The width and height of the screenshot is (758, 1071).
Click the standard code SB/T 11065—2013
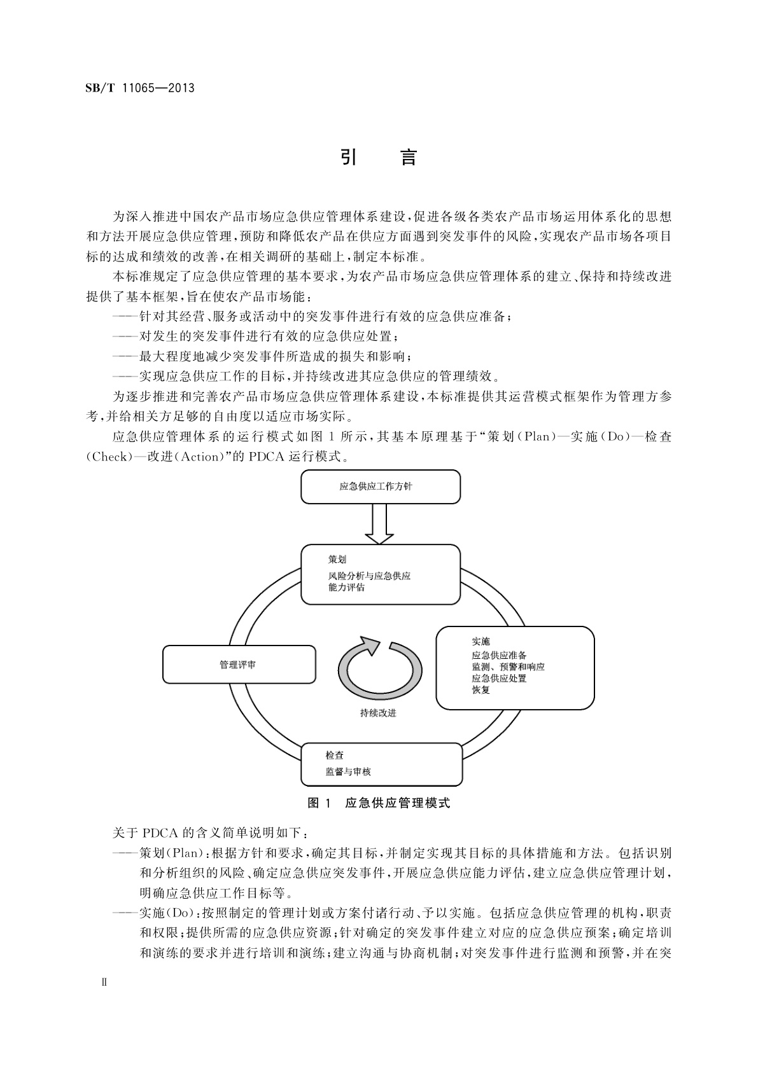coord(140,88)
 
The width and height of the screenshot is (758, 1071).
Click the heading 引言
coord(379,157)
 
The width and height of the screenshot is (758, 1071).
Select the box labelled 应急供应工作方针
coord(380,487)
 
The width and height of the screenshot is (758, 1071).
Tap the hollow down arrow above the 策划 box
coord(380,525)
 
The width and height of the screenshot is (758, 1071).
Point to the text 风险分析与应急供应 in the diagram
coord(369,576)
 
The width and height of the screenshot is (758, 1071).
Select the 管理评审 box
coord(239,665)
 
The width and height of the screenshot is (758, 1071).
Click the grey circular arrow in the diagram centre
coord(380,668)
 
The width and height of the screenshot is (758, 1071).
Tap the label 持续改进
coord(378,713)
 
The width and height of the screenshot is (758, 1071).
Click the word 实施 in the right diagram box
coord(481,641)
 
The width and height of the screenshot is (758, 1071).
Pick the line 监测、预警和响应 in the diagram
coord(508,667)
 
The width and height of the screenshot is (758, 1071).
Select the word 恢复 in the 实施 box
coord(481,690)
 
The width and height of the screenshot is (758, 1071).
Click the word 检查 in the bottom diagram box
coord(335,756)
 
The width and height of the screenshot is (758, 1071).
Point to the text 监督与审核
coord(348,771)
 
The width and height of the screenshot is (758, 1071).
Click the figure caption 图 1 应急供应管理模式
coord(379,803)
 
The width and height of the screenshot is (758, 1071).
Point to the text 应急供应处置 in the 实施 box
coord(499,679)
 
